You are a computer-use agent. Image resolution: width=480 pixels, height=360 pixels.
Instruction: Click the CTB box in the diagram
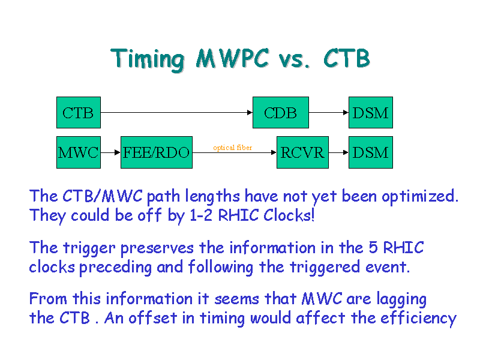(x=79, y=112)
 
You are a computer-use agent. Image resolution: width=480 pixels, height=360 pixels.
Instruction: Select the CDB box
(x=281, y=112)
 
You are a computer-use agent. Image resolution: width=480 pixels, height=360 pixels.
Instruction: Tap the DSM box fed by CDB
(x=371, y=112)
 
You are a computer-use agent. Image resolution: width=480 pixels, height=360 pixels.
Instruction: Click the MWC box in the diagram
(x=79, y=152)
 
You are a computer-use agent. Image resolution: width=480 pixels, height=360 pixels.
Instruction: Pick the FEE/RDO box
(x=157, y=152)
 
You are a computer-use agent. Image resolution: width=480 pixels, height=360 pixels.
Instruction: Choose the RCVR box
(x=302, y=152)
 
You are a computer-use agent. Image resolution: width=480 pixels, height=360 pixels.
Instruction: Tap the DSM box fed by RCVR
(x=371, y=152)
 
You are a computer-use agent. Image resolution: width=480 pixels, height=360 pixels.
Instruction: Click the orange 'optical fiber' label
(x=233, y=148)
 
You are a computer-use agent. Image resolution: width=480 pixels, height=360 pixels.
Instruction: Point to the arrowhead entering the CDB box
(x=250, y=112)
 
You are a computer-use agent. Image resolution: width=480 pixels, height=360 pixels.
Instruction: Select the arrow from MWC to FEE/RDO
(x=110, y=152)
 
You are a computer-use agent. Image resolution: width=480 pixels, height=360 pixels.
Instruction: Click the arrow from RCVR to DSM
(x=338, y=152)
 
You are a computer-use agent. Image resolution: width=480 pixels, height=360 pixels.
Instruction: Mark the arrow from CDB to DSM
(x=329, y=112)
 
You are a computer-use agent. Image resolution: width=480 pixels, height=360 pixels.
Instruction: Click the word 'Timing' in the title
(x=148, y=59)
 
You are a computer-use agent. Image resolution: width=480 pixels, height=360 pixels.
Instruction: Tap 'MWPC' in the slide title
(x=233, y=58)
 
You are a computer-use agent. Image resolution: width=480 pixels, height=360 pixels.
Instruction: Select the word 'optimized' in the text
(x=419, y=197)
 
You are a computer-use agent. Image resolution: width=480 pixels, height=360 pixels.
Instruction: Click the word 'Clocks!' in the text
(x=289, y=215)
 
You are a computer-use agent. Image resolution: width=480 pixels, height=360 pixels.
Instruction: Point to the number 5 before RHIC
(x=373, y=247)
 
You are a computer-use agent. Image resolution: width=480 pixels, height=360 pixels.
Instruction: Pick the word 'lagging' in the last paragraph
(x=401, y=299)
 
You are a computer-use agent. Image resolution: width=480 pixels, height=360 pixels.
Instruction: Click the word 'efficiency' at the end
(x=418, y=319)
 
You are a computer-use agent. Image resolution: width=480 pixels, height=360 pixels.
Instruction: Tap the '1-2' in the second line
(x=201, y=215)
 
